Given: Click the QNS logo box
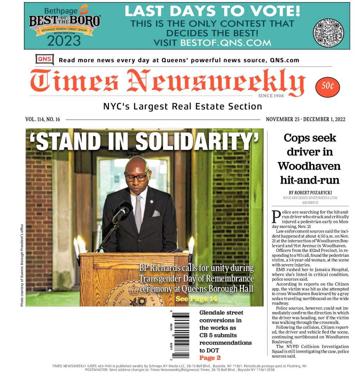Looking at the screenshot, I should [45, 59].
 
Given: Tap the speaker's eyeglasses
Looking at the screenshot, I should [137, 177].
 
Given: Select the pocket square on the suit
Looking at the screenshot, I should [156, 213].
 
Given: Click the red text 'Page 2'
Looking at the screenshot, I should [210, 358].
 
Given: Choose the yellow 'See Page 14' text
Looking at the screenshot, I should [196, 299].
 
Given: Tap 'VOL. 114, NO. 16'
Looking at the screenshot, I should [43, 119].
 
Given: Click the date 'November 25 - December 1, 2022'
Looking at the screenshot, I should [306, 119].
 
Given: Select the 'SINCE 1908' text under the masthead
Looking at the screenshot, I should [270, 96].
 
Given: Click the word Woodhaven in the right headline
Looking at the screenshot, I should [309, 166].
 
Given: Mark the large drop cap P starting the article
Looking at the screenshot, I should [276, 217].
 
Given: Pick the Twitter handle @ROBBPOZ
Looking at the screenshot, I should [310, 203].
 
